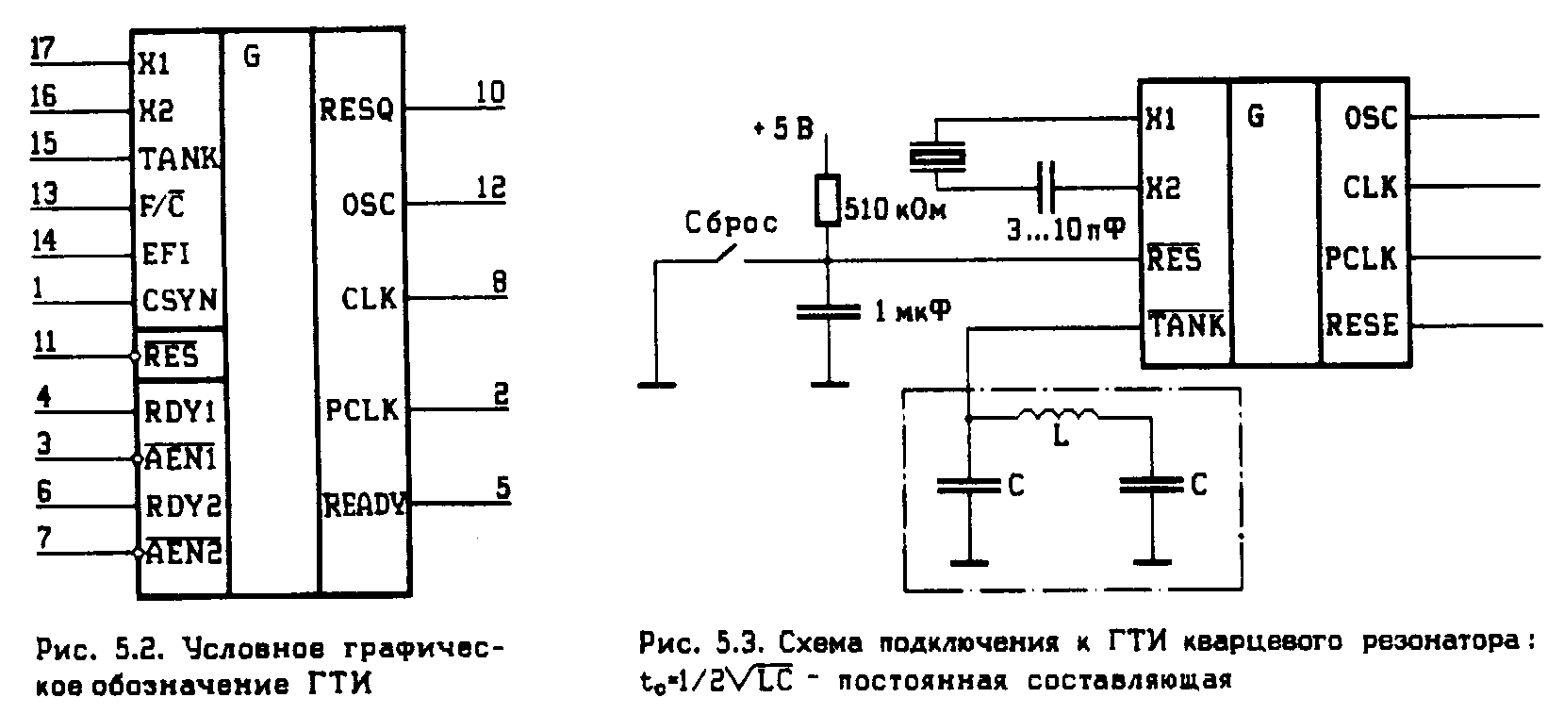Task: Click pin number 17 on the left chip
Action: [x=42, y=48]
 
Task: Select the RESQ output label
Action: [x=356, y=110]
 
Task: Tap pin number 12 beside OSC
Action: [x=489, y=189]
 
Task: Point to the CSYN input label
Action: [x=179, y=302]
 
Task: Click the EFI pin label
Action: [x=165, y=255]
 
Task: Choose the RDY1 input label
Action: [x=181, y=412]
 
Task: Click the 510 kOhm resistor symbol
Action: [x=827, y=200]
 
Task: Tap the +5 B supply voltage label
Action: [x=782, y=129]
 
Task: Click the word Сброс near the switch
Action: [x=732, y=224]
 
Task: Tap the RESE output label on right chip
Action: [x=1361, y=325]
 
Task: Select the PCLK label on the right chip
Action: [x=1360, y=257]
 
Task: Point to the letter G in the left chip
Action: [x=252, y=57]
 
